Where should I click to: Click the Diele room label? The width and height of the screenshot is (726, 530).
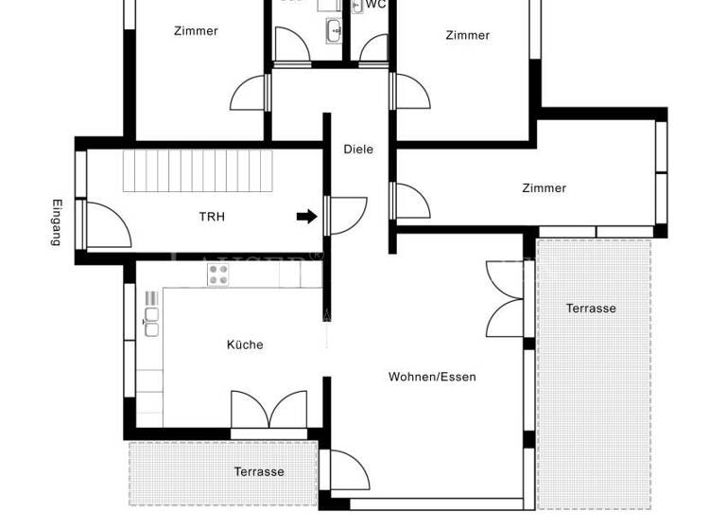358,149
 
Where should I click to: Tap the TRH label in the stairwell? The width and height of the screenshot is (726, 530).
212,217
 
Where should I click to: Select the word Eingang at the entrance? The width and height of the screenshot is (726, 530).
57,222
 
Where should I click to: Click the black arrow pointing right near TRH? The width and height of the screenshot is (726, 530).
306,217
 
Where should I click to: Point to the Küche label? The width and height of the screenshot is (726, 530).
245,344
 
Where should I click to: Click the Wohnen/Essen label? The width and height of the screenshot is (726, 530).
432,377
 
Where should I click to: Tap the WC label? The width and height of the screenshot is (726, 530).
375,5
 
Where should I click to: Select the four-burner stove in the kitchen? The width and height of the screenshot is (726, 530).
218,274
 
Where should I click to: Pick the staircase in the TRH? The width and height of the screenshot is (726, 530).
197,170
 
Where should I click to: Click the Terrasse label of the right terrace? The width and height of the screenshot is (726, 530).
591,309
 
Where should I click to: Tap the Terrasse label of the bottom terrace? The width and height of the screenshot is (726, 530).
259,471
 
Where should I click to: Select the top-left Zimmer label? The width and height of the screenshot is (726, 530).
196,31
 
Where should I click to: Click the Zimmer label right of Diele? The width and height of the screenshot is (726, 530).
544,188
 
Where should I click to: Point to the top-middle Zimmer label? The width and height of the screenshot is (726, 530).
468,35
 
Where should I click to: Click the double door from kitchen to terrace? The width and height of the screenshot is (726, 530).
268,411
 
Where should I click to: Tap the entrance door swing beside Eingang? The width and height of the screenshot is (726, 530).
105,225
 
